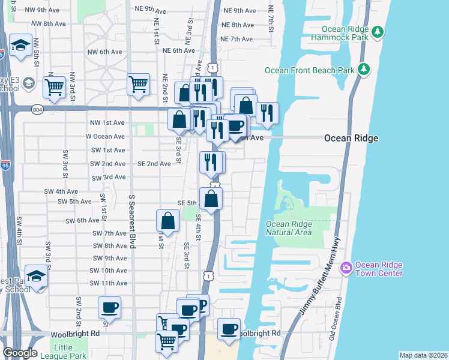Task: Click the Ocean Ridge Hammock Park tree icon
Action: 377,32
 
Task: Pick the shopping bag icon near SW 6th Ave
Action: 167,221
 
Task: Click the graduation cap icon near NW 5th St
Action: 21,46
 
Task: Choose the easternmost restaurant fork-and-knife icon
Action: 267,112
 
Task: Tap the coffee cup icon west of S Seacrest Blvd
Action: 109,307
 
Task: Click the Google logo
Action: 20,353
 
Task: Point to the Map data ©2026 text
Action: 423,355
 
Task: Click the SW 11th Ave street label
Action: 108,283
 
